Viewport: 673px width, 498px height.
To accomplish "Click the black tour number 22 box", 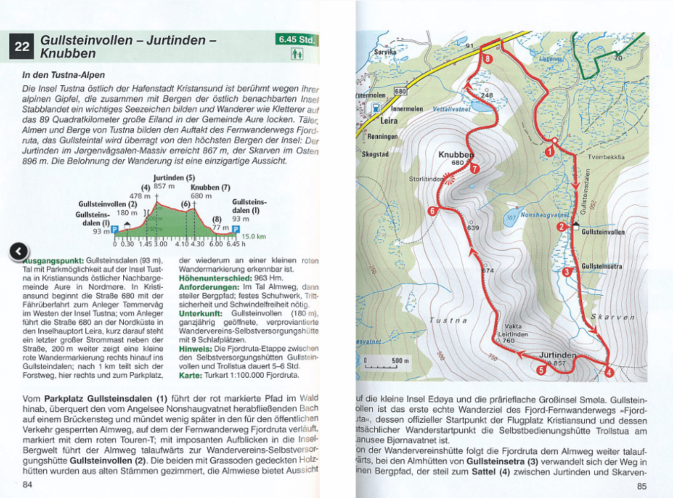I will (21, 47).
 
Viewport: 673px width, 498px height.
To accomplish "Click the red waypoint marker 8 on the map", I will (488, 58).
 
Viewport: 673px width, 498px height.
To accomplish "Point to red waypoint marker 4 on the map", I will (609, 371).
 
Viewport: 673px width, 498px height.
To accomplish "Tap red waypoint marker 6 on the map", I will (432, 211).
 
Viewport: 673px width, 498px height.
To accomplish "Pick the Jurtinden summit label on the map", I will (558, 355).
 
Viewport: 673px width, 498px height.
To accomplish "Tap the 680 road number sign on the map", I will (400, 91).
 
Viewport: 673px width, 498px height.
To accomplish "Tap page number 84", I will (27, 485).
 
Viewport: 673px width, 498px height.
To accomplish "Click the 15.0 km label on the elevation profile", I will (254, 237).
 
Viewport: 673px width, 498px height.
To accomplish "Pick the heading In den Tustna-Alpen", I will (63, 75).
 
